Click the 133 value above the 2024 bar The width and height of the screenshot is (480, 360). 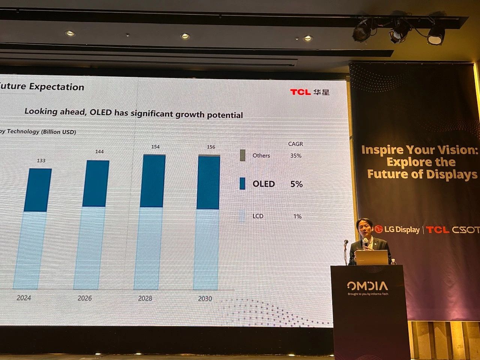pos(41,160)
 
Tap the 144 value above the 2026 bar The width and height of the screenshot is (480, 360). pos(99,151)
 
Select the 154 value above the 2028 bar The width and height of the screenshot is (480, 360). pos(155,147)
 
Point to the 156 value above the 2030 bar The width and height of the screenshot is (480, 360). pos(211,147)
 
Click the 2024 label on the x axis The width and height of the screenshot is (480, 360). pos(24,298)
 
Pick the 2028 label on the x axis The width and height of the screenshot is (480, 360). pos(145,298)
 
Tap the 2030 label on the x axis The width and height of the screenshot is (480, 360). pos(205,298)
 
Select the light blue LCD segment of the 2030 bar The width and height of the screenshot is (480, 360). pos(206,249)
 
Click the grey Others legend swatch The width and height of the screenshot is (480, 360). pos(243,155)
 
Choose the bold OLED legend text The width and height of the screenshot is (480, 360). pos(264,184)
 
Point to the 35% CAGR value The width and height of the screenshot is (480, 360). pos(295,156)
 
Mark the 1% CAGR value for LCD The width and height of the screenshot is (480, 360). pos(297,216)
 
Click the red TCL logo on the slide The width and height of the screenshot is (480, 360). pos(300,92)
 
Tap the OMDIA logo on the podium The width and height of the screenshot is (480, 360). pos(367,286)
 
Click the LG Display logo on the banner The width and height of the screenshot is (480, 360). pos(397,229)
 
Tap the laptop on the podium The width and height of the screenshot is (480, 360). pos(371,258)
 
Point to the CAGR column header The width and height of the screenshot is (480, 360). pos(295,144)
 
